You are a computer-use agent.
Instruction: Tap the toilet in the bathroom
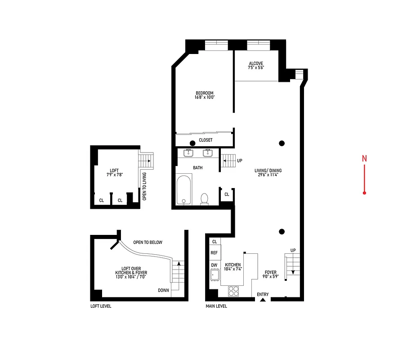(x=205, y=198)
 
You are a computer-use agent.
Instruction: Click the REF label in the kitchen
(x=214, y=253)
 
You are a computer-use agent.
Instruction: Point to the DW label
(x=214, y=265)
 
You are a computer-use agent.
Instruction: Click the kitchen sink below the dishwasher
(x=214, y=275)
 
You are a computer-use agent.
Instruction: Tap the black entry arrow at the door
(x=263, y=299)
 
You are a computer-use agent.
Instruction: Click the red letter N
(x=365, y=158)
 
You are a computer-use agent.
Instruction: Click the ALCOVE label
(x=255, y=63)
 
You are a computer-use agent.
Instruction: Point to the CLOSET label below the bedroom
(x=206, y=140)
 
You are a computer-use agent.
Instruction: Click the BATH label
(x=198, y=168)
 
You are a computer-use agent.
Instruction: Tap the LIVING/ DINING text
(x=270, y=171)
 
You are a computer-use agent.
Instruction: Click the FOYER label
(x=271, y=272)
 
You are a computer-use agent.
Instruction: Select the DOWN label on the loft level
(x=163, y=290)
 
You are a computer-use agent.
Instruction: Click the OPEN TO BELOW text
(x=148, y=243)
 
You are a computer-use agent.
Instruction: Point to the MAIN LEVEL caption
(x=216, y=306)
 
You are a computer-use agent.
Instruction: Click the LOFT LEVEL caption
(x=101, y=306)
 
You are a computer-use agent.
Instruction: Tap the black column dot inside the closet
(x=192, y=144)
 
